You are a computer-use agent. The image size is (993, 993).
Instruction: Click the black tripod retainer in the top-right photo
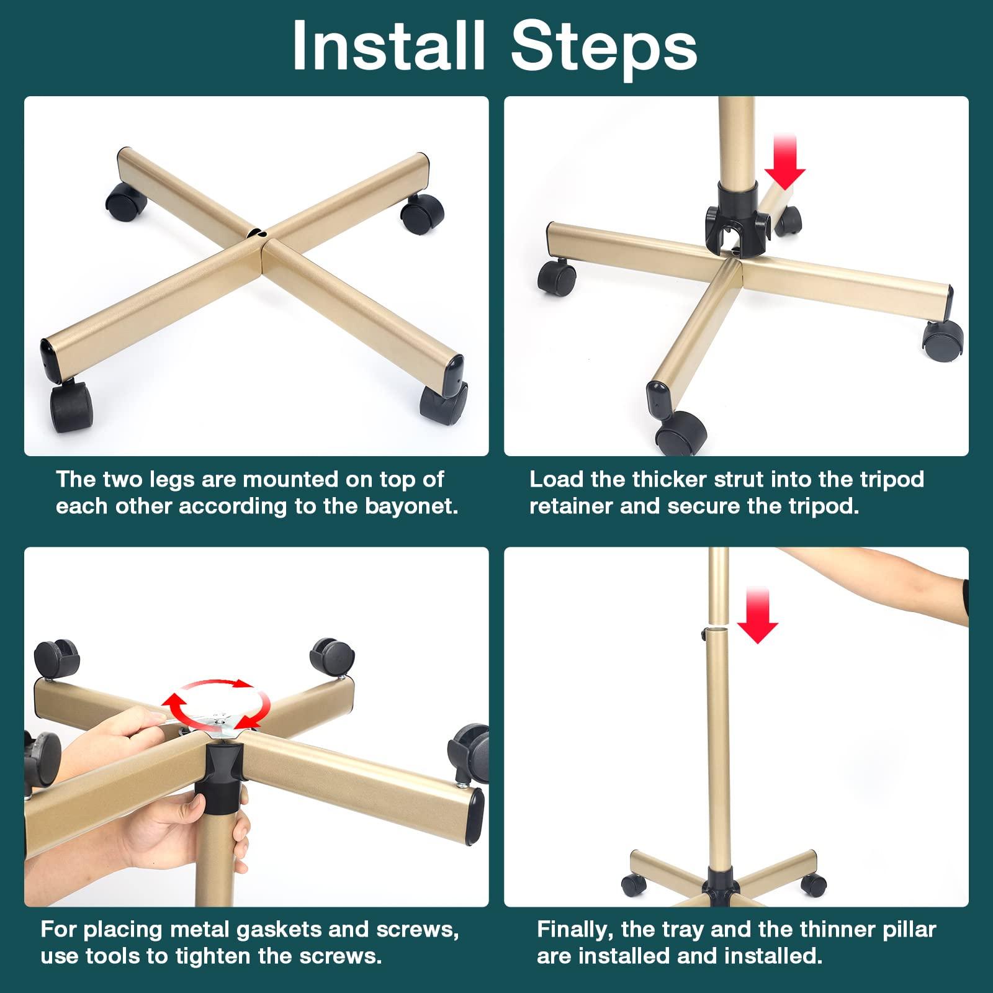click(x=738, y=224)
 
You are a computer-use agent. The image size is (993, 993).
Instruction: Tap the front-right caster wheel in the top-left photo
click(x=443, y=401)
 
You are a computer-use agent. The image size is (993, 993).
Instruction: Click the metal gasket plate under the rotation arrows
click(x=218, y=722)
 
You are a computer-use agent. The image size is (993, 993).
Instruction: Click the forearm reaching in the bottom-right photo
click(x=869, y=574)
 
